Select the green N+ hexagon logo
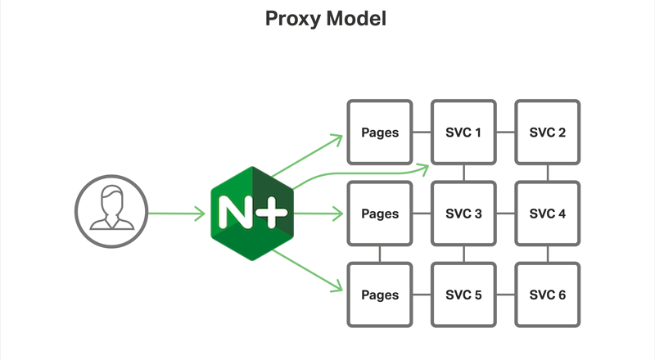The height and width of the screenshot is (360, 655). tap(250, 214)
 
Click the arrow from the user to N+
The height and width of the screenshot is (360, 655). tap(175, 215)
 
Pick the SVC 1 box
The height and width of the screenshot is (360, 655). tap(463, 133)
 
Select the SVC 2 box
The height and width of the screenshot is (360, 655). tap(547, 133)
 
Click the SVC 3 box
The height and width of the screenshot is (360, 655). tap(463, 214)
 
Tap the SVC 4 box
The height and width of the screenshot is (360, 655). tap(547, 214)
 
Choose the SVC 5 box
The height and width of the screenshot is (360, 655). tap(463, 295)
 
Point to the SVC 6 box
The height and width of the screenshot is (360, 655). tap(547, 295)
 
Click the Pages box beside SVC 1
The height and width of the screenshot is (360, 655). tap(380, 133)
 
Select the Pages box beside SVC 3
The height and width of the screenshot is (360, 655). tap(380, 214)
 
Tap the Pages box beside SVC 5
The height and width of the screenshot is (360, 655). tap(380, 295)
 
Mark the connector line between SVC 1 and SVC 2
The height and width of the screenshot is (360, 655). tap(505, 133)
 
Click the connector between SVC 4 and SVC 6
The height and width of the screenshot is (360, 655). tap(547, 254)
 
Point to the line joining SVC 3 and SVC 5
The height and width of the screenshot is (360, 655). tap(463, 254)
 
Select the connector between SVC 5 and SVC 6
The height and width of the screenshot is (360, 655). tap(505, 295)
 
